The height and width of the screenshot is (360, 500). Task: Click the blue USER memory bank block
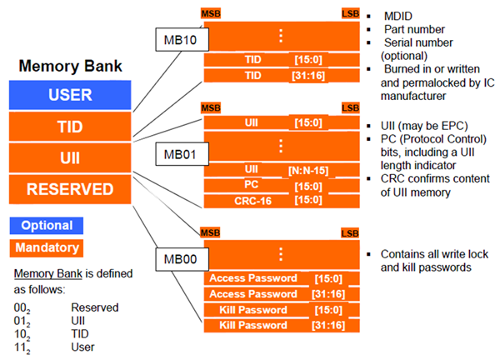70,94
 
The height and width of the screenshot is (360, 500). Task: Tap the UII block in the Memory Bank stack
70,157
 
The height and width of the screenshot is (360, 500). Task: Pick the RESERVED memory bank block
70,189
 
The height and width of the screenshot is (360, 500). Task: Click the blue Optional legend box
46,225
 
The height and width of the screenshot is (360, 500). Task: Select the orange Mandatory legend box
46,247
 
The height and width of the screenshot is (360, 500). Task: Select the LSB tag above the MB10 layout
350,14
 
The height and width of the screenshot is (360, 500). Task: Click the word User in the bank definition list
82,347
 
